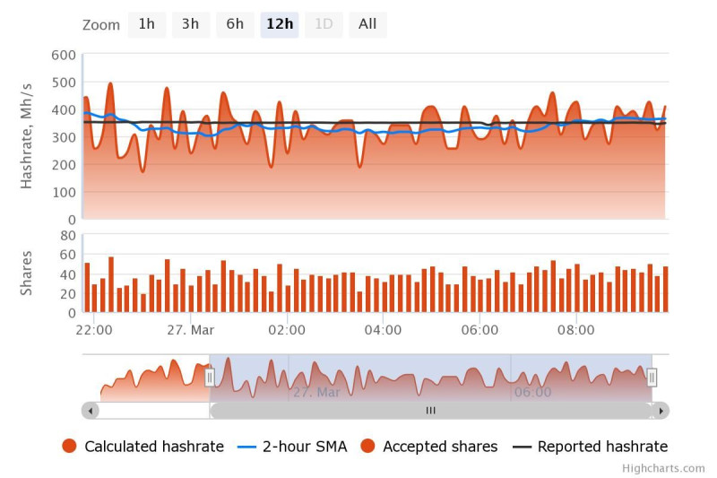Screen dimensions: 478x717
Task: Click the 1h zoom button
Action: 146,24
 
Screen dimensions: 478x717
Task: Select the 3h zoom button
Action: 190,24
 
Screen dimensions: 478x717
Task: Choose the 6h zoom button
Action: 235,24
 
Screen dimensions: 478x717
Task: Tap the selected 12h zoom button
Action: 280,24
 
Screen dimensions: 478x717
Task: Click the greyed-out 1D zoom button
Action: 324,24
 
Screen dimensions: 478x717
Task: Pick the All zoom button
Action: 367,24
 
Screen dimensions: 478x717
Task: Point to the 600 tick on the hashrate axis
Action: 64,55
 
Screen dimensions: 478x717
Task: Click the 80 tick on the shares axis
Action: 66,235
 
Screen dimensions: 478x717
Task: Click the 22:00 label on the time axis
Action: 94,330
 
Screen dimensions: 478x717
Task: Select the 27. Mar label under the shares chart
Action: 191,330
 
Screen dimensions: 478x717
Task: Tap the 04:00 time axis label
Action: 384,330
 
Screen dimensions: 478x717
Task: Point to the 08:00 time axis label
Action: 576,330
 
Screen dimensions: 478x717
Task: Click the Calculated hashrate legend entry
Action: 143,447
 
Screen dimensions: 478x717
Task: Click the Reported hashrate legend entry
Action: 590,447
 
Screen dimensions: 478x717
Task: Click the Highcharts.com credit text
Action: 663,468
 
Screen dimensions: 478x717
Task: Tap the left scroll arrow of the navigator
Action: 91,411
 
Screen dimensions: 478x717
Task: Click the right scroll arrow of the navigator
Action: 661,411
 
